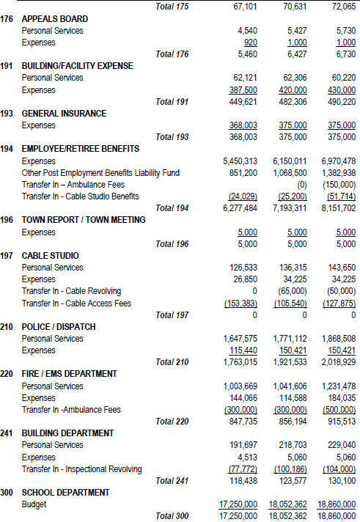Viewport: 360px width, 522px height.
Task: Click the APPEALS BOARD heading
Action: point(55,18)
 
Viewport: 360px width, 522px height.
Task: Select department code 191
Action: point(9,66)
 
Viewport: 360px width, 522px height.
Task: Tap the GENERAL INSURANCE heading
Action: point(64,114)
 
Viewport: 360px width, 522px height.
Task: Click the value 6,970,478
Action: point(338,161)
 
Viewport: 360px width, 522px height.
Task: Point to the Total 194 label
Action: point(172,208)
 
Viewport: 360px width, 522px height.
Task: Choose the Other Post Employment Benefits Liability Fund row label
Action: point(100,173)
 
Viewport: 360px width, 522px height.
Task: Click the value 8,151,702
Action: point(338,208)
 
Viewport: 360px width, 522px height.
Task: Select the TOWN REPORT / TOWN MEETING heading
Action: point(84,220)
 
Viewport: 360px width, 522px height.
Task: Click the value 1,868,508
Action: point(338,339)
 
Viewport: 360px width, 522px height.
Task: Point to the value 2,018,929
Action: point(338,362)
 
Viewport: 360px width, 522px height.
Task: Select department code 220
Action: point(9,374)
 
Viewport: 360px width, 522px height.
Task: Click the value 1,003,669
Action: point(240,386)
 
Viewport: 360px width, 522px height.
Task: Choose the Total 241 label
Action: point(172,480)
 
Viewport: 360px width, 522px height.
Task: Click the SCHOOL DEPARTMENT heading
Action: point(65,493)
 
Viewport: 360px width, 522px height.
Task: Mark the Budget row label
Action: point(34,504)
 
